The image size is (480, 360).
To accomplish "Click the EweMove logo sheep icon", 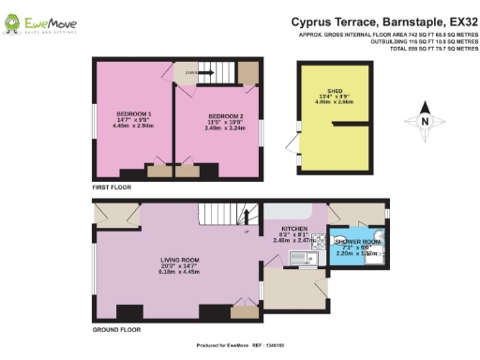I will pyautogui.click(x=16, y=21).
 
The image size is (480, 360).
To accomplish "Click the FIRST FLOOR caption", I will pyautogui.click(x=112, y=187).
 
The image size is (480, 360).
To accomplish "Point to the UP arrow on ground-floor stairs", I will pyautogui.click(x=246, y=232).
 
